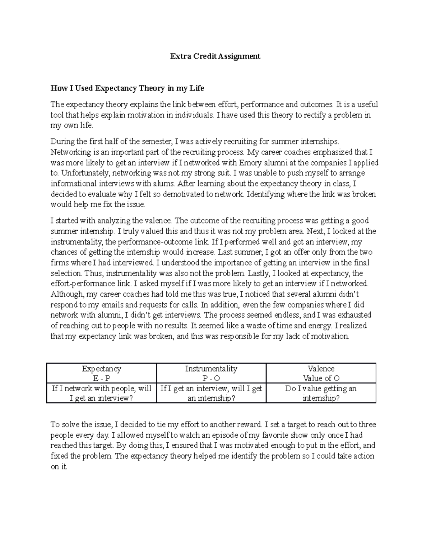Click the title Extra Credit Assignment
(215, 56)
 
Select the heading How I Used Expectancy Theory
(127, 88)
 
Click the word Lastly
(260, 273)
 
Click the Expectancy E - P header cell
(102, 373)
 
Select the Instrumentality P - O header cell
(211, 373)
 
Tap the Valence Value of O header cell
(321, 373)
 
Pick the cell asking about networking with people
(102, 393)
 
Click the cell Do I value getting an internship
(321, 393)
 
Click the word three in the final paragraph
(367, 425)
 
